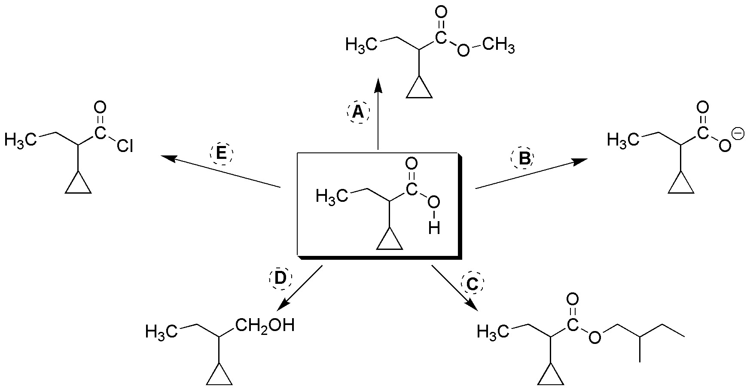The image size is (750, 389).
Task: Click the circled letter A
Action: (358, 112)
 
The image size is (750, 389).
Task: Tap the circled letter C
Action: (472, 284)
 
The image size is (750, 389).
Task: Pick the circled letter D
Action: (280, 279)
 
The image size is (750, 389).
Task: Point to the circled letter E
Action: (221, 153)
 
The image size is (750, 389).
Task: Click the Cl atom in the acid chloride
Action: (125, 147)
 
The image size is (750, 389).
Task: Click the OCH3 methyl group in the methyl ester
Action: (498, 45)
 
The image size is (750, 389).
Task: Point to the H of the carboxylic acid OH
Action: (434, 228)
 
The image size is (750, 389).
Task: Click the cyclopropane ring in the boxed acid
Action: (389, 240)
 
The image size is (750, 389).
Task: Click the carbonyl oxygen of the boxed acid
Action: (411, 164)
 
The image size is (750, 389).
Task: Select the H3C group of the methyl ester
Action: (361, 45)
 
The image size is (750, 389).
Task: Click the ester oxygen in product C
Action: (595, 338)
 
